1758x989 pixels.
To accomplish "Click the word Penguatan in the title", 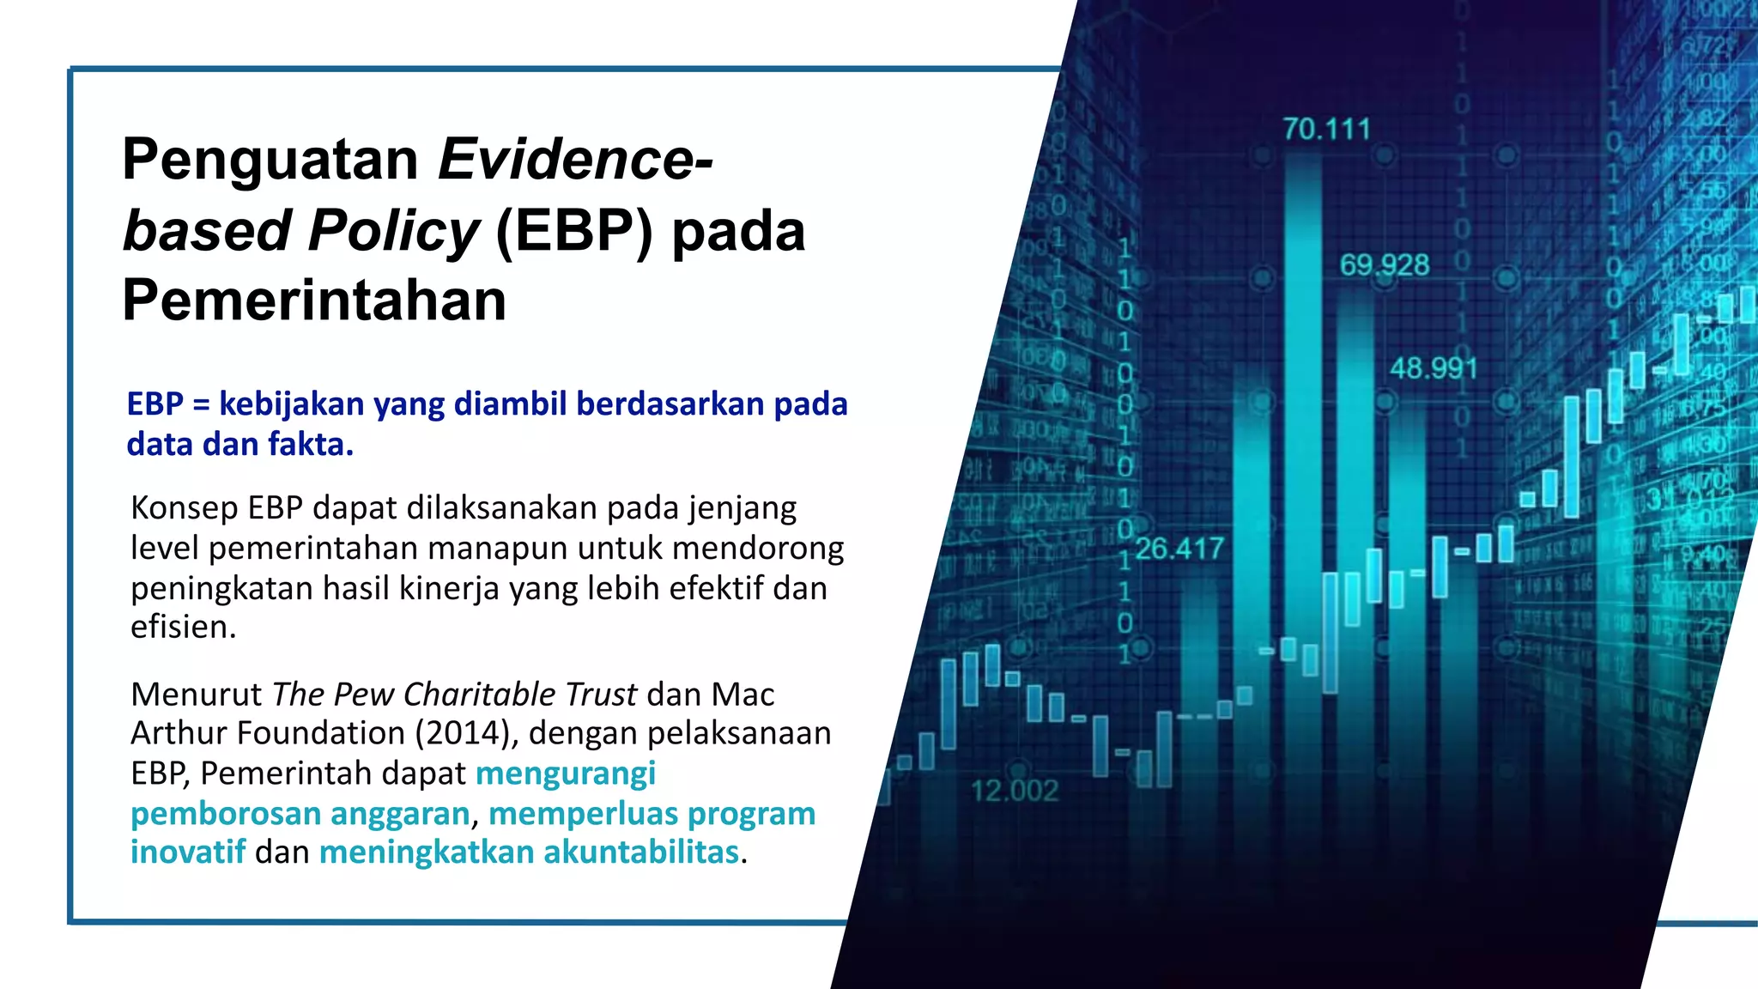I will [270, 161].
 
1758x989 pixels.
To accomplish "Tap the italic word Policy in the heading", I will [393, 232].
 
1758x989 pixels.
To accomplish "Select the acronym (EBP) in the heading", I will [574, 232].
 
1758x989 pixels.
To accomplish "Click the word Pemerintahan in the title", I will [314, 300].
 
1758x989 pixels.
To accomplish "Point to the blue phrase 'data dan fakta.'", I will [239, 445].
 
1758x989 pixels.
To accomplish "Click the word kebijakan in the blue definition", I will [291, 403].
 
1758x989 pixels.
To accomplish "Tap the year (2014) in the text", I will [466, 733].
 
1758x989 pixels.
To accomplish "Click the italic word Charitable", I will [479, 694].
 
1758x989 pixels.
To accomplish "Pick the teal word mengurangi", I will [566, 774].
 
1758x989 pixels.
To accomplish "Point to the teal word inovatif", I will [188, 852].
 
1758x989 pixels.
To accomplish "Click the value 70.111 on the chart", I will [1326, 130].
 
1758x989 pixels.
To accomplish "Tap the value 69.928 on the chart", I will [1384, 265].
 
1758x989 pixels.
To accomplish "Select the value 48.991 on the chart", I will [1434, 369].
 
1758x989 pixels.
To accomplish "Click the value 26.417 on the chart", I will [1179, 549].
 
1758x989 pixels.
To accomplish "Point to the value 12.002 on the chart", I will [1015, 791].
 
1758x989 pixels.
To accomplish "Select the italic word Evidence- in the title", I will [575, 161].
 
